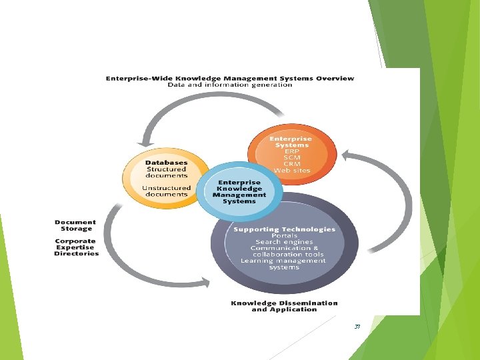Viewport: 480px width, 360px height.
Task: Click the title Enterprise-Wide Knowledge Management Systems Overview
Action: click(x=230, y=78)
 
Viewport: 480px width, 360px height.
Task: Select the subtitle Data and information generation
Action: click(x=230, y=85)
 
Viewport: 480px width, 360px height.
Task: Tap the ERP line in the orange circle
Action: click(x=291, y=151)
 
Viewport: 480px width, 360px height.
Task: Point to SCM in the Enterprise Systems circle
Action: click(x=291, y=158)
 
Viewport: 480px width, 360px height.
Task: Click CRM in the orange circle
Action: click(x=291, y=164)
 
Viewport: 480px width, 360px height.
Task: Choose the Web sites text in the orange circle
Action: click(x=291, y=171)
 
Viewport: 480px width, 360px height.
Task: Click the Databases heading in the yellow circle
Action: click(x=166, y=162)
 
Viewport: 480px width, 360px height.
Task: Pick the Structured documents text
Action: click(x=166, y=172)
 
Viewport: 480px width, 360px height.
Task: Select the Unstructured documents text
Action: click(x=166, y=190)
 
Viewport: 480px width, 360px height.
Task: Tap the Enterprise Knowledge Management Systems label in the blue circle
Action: click(x=239, y=191)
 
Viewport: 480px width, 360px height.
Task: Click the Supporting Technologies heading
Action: click(x=285, y=229)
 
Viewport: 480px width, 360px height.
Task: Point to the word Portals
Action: click(x=285, y=235)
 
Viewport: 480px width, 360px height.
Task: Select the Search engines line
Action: click(x=285, y=241)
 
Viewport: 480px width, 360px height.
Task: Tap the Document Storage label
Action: click(x=75, y=225)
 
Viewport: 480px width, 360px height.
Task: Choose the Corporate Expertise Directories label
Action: click(x=76, y=247)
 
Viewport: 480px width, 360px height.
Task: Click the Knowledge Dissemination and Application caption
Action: click(x=285, y=306)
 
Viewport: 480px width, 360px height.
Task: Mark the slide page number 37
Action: click(x=357, y=327)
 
